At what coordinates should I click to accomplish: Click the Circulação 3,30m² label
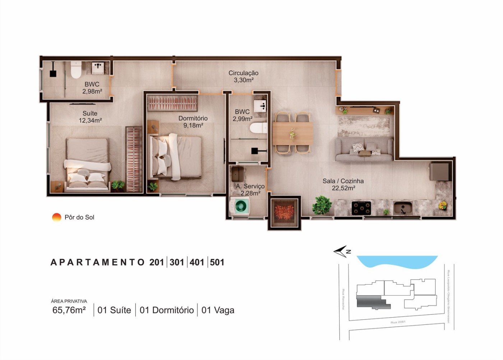[x=243, y=77]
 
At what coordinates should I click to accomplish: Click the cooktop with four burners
[x=361, y=208]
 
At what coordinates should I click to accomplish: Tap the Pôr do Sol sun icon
[x=57, y=217]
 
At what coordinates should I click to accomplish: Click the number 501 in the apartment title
[x=217, y=262]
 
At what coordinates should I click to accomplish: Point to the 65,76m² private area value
[x=69, y=310]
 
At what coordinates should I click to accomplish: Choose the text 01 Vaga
[x=218, y=310]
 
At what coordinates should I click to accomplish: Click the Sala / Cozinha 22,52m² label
[x=343, y=184]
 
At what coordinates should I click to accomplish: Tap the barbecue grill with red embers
[x=284, y=212]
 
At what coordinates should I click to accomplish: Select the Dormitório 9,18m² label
[x=193, y=122]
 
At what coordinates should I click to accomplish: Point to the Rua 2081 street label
[x=398, y=322]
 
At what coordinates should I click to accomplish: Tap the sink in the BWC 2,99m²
[x=260, y=106]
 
